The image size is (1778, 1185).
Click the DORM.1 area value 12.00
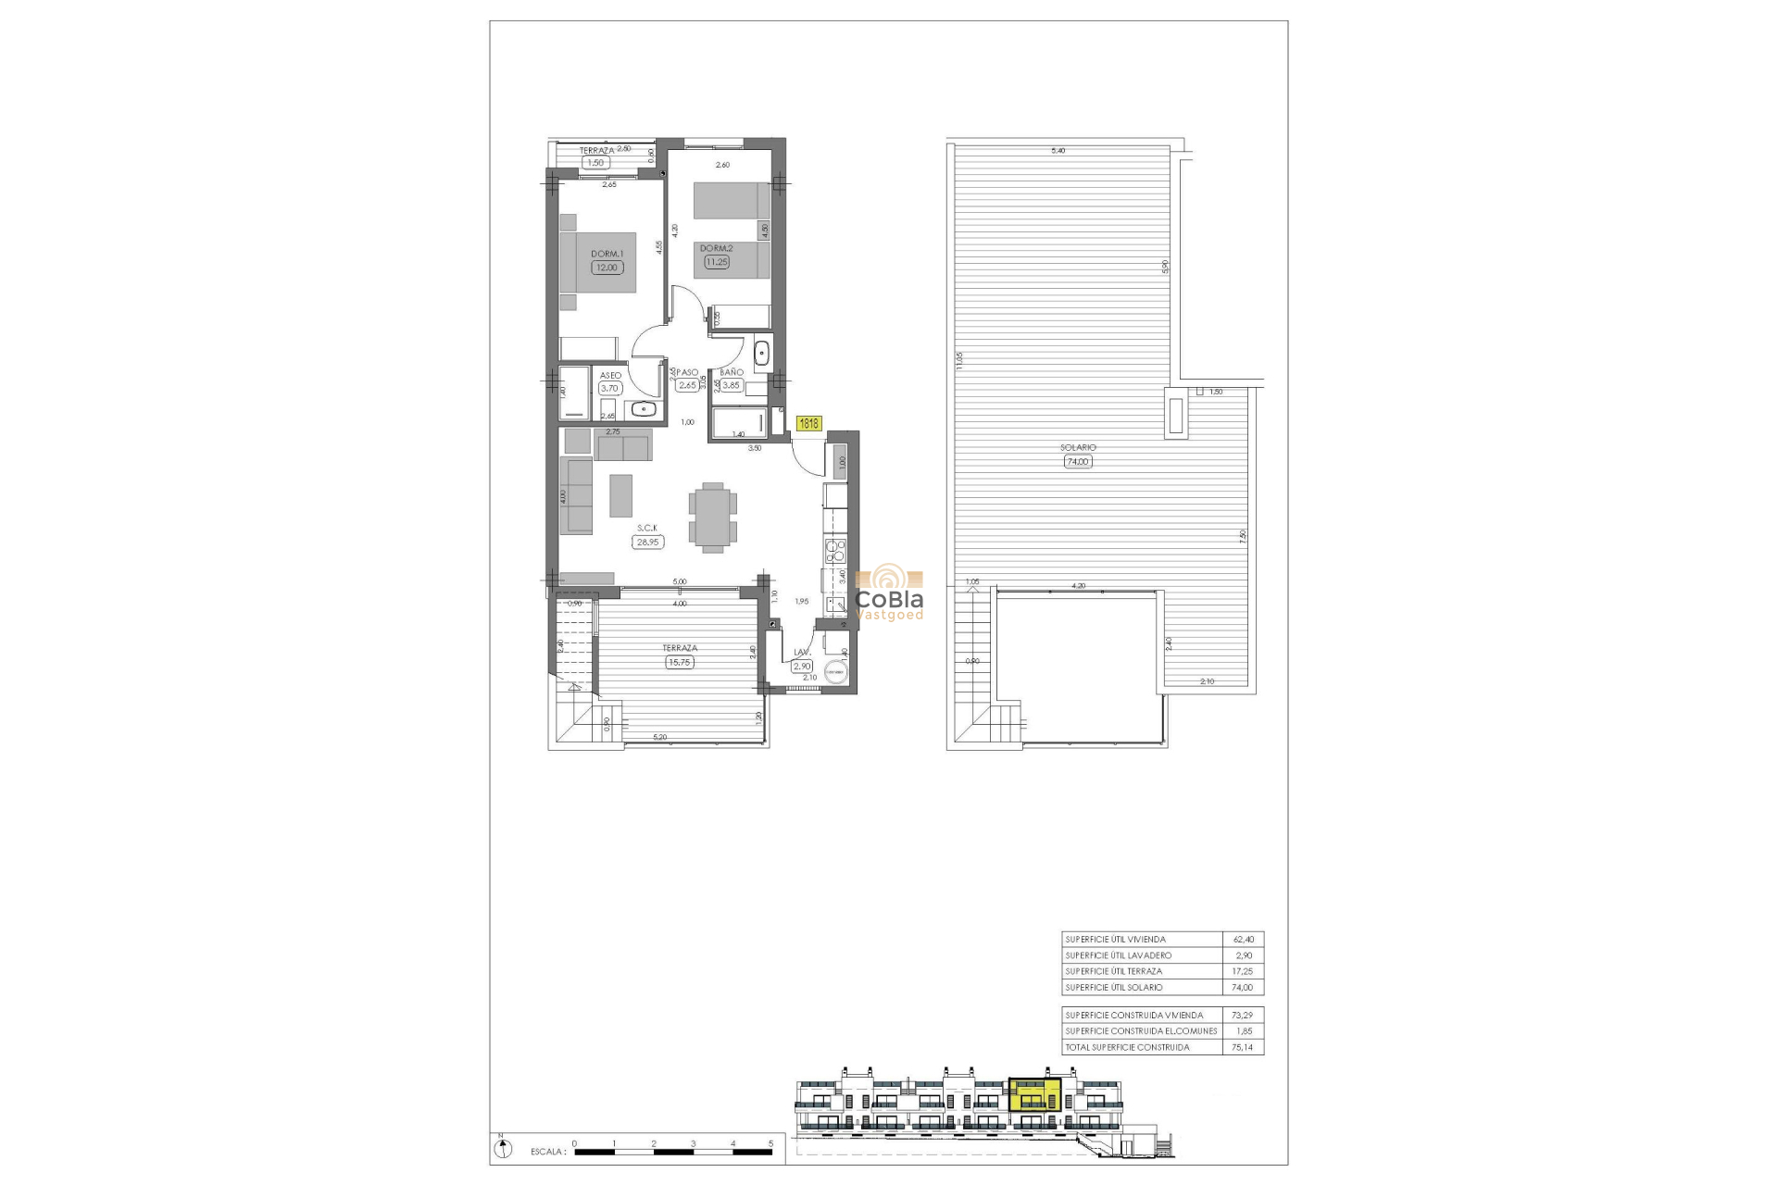tap(607, 268)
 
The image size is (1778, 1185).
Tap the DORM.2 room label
tap(716, 248)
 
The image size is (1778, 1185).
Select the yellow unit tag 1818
tap(808, 424)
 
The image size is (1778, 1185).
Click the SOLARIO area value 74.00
tap(1078, 461)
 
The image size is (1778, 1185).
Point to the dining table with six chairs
tap(713, 517)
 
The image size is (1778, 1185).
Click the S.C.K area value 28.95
tap(647, 543)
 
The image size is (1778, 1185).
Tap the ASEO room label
tap(610, 375)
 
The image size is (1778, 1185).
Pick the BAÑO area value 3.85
tap(732, 385)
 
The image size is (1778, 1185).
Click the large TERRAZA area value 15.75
tap(679, 662)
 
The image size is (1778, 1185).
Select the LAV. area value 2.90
tap(802, 666)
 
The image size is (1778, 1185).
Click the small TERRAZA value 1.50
tap(595, 163)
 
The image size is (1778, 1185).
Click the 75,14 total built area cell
tap(1242, 1047)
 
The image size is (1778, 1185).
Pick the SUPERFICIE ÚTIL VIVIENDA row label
tap(1115, 939)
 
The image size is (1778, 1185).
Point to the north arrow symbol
tap(503, 1149)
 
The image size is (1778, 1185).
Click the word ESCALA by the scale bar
tap(547, 1153)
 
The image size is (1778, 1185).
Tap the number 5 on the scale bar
tap(770, 1144)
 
